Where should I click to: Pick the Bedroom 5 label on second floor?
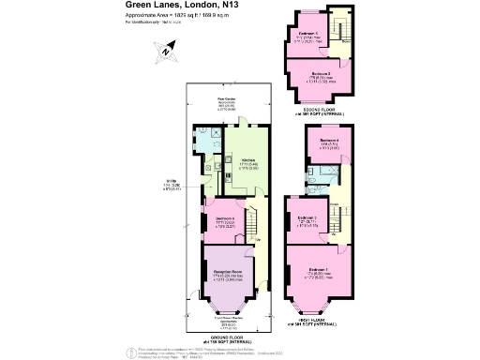tap(307, 34)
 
